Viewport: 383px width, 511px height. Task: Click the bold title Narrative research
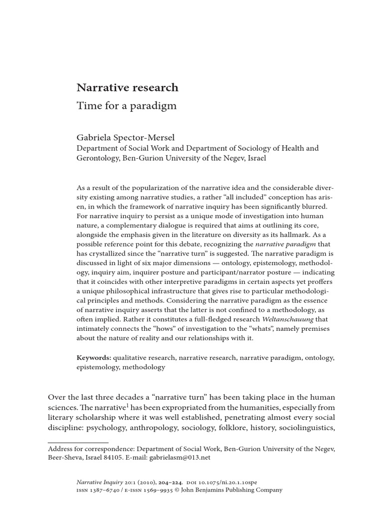tap(127, 88)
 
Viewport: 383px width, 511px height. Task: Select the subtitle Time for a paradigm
tap(127, 106)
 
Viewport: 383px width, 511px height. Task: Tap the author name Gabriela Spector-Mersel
tap(125, 138)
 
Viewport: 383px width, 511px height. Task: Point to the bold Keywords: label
tap(94, 358)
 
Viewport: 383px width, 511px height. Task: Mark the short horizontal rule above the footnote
tap(78, 442)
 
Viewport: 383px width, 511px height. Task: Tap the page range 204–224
tap(169, 482)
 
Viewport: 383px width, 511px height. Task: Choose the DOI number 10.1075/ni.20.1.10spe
tap(229, 482)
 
